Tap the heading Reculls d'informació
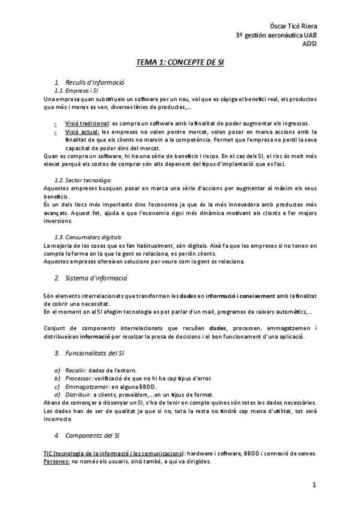coord(94,82)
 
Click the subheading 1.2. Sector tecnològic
coord(82,180)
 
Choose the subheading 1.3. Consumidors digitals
coord(88,237)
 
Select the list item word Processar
coord(78,378)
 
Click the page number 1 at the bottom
coord(314,485)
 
